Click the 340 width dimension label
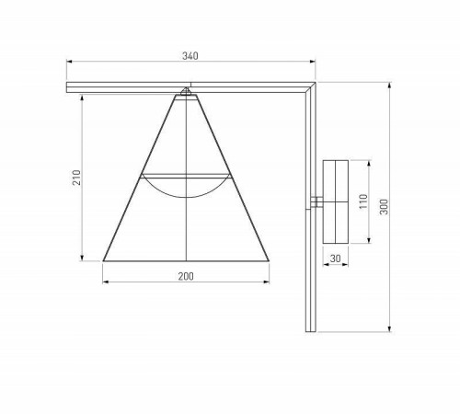coord(190,56)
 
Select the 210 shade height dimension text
coord(77,177)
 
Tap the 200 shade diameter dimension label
coord(186,276)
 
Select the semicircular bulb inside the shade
coord(186,183)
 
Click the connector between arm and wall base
coord(317,201)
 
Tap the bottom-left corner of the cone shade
coord(103,260)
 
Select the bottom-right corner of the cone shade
coord(270,260)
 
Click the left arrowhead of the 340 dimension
coord(70,63)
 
